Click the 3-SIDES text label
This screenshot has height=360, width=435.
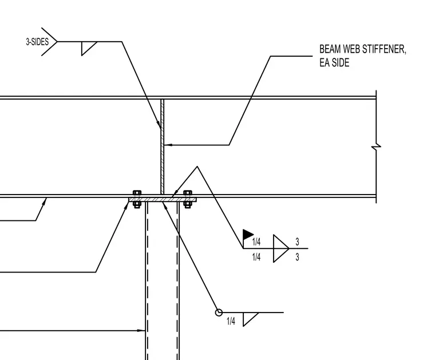tap(37, 42)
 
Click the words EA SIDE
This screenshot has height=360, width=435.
tap(334, 63)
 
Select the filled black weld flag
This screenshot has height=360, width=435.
tap(248, 234)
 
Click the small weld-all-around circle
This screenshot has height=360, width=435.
tap(219, 312)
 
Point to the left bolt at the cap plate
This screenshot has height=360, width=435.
tap(137, 199)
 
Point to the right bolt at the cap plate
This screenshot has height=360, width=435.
tap(188, 199)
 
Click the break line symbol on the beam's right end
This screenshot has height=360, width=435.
tap(376, 147)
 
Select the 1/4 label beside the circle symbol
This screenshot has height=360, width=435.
tap(231, 322)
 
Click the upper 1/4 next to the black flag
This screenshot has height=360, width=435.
tap(256, 242)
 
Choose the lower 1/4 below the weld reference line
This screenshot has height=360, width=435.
tap(256, 257)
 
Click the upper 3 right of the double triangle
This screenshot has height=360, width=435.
tap(297, 242)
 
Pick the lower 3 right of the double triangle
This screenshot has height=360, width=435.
tap(297, 257)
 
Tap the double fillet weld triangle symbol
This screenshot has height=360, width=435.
tap(281, 248)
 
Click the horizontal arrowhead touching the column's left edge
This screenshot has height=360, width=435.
tap(141, 330)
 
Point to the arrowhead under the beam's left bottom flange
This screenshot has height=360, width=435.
tap(45, 201)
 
